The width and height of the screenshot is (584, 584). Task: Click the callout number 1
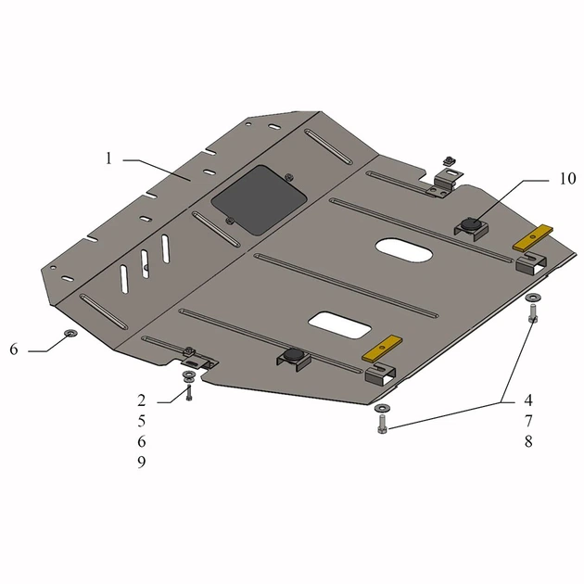coord(108,159)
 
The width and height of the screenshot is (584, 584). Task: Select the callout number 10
coord(567,179)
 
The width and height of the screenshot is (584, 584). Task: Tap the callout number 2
coord(141,400)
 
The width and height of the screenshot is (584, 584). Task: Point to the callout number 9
coord(141,463)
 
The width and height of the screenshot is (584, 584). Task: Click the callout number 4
coord(528,400)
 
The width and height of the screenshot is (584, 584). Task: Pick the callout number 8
coord(528,442)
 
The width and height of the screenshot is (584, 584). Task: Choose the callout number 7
coord(528,421)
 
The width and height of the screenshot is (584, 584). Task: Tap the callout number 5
coord(141,421)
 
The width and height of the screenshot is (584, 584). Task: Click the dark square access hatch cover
coord(259,200)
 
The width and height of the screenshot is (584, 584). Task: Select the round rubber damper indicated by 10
coord(471,224)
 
